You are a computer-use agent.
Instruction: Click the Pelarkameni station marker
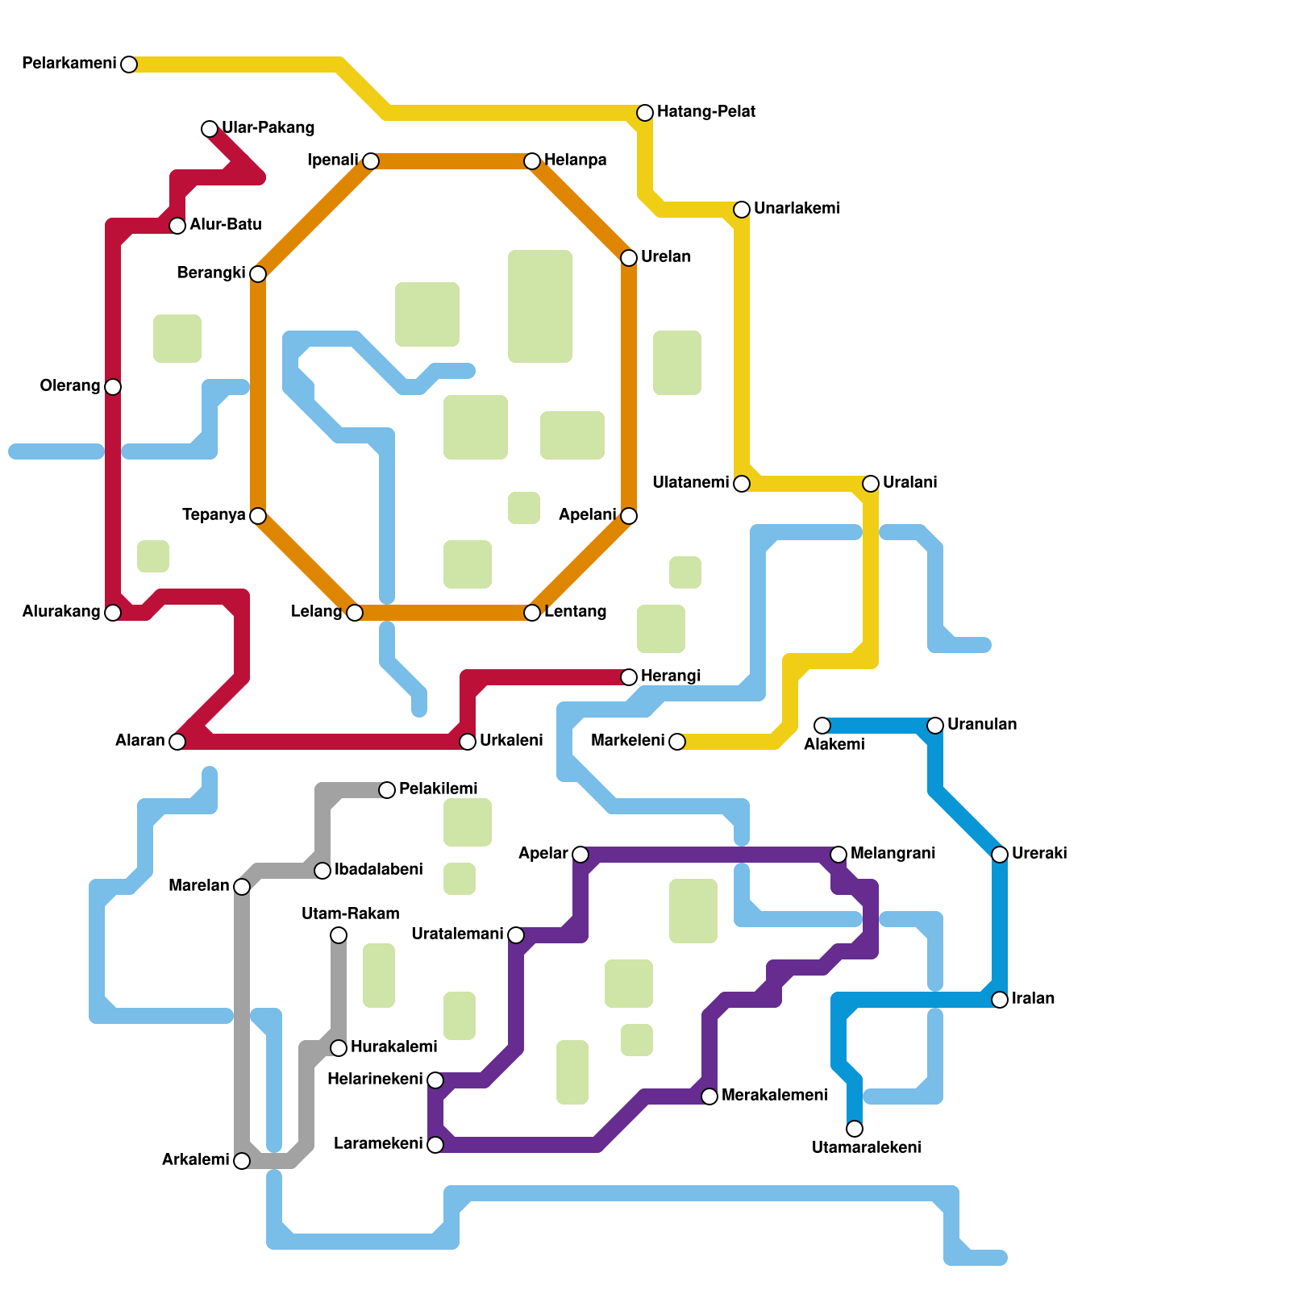(x=129, y=64)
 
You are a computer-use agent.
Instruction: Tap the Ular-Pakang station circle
(x=210, y=129)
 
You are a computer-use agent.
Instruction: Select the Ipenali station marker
(x=371, y=161)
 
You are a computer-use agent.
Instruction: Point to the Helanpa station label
(x=575, y=160)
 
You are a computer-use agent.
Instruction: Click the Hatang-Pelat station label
(x=705, y=112)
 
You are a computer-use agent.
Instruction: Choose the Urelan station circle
(x=629, y=258)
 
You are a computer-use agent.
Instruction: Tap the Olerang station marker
(x=113, y=387)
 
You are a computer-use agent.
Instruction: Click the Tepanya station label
(x=214, y=515)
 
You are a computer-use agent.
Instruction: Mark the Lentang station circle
(x=532, y=613)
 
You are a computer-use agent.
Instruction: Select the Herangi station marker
(x=629, y=677)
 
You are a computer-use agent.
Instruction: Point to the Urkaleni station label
(x=510, y=741)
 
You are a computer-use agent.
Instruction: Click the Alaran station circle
(x=177, y=742)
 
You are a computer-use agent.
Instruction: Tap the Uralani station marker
(x=871, y=484)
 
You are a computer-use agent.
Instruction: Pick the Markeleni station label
(x=627, y=741)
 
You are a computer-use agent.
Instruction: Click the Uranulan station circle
(x=935, y=726)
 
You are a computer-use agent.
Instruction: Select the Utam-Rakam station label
(x=350, y=914)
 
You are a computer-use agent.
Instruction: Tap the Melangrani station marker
(x=838, y=855)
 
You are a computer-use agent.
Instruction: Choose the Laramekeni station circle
(x=435, y=1145)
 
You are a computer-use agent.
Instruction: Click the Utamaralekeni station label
(x=866, y=1148)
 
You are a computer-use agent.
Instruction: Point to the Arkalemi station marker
(x=242, y=1161)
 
